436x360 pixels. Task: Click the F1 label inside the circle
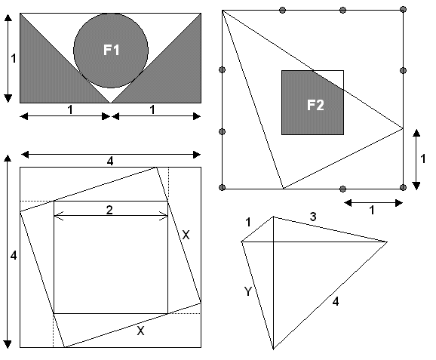(x=112, y=50)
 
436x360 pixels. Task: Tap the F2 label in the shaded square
(x=315, y=106)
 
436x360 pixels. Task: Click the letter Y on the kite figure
(x=247, y=291)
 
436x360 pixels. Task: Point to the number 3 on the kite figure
(x=313, y=217)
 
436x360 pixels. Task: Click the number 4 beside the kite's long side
(x=336, y=302)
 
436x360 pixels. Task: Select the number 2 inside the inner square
(x=109, y=210)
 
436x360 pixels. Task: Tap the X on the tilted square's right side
(x=186, y=235)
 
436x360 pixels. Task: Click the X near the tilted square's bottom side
(x=141, y=331)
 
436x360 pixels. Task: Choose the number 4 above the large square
(x=110, y=162)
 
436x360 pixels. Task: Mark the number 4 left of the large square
(x=14, y=255)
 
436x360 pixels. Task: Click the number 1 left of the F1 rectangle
(x=14, y=58)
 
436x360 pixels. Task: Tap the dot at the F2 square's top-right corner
(x=404, y=10)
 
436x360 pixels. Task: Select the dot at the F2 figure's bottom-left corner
(x=222, y=187)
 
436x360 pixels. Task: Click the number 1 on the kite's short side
(x=248, y=223)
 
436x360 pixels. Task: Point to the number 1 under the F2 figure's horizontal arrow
(x=372, y=211)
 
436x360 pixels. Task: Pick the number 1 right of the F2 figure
(x=423, y=158)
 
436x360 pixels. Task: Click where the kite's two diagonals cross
(x=273, y=242)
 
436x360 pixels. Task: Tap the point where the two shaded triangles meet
(x=111, y=103)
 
